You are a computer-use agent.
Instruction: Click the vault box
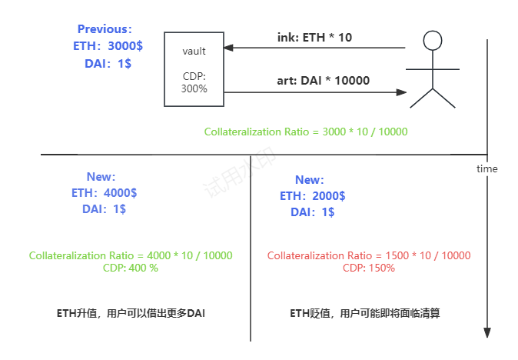pyautogui.click(x=194, y=68)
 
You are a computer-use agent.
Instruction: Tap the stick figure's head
pyautogui.click(x=433, y=40)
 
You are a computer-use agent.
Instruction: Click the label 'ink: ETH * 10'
pyautogui.click(x=314, y=37)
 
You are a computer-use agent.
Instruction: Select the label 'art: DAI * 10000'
pyautogui.click(x=323, y=81)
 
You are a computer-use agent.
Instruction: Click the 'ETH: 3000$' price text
pyautogui.click(x=107, y=46)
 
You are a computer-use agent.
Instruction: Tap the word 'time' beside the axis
pyautogui.click(x=487, y=168)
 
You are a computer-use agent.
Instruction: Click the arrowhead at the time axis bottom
pyautogui.click(x=487, y=332)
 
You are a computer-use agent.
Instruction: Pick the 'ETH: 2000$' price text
pyautogui.click(x=312, y=196)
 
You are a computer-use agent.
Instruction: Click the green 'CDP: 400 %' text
pyautogui.click(x=130, y=268)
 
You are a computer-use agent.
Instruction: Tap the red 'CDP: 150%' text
pyautogui.click(x=369, y=268)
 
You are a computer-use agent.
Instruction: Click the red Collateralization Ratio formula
pyautogui.click(x=369, y=255)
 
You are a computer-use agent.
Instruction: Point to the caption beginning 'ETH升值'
pyautogui.click(x=131, y=313)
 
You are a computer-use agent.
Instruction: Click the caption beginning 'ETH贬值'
pyautogui.click(x=369, y=313)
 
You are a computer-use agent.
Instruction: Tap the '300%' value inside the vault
pyautogui.click(x=194, y=88)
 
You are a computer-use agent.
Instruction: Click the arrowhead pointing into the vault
pyautogui.click(x=227, y=48)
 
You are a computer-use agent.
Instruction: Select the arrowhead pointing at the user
pyautogui.click(x=400, y=92)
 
